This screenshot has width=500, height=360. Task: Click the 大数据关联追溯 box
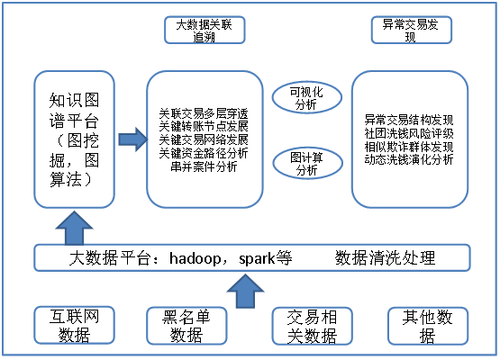[x=205, y=30]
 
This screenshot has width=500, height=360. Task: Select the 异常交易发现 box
[x=412, y=30]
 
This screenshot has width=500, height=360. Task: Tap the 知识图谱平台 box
[x=74, y=139]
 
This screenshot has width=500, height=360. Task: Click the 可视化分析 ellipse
[x=307, y=97]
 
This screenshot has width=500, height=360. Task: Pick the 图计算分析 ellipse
[x=308, y=163]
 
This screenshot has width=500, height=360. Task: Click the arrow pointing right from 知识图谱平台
[x=133, y=139]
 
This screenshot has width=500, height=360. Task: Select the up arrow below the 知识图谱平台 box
[x=74, y=228]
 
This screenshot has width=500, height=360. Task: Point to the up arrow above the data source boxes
[x=245, y=292]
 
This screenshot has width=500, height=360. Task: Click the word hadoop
[x=195, y=258]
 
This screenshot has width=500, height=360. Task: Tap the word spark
[x=257, y=259]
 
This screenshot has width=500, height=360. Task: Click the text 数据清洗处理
[x=385, y=258]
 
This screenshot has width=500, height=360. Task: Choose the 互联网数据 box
[x=74, y=325]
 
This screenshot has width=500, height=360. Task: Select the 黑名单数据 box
[x=186, y=326]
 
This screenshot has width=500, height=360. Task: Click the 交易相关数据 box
[x=313, y=326]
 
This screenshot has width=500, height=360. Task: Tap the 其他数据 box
[x=428, y=326]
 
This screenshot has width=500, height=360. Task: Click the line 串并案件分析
[x=204, y=166]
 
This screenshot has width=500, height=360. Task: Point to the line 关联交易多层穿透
[x=204, y=113]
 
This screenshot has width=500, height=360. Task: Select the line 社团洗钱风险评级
[x=409, y=133]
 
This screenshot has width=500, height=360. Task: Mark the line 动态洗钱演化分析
[x=409, y=159]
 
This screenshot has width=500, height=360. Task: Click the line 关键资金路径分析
[x=204, y=153]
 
